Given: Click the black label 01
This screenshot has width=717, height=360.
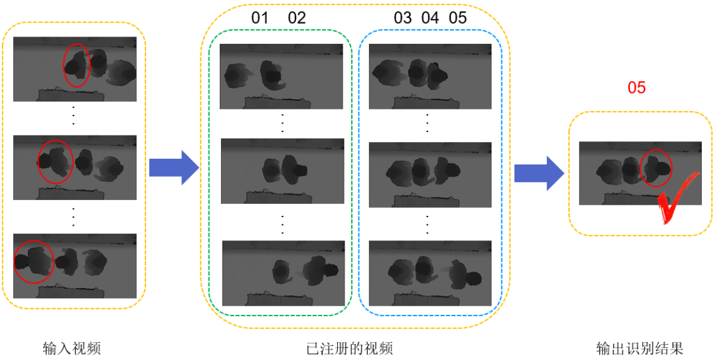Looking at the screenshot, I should (260, 18).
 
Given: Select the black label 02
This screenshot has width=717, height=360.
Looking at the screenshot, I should (297, 18).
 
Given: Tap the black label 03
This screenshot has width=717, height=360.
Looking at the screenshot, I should (403, 18).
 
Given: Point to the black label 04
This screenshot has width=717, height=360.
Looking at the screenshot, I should (430, 18).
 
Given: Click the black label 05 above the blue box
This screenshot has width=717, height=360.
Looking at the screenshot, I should (458, 18).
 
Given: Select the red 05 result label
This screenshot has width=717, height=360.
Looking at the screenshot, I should (636, 88).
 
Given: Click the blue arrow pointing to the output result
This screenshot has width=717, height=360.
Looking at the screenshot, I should (538, 173).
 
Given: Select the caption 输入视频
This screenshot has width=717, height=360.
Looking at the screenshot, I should (72, 348).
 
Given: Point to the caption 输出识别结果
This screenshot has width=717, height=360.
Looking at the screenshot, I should (639, 348).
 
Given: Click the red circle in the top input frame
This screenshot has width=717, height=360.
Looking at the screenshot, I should (76, 65).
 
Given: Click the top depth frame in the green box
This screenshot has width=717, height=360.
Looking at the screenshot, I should (281, 76).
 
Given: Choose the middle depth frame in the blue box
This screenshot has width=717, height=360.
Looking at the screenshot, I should (430, 171).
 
